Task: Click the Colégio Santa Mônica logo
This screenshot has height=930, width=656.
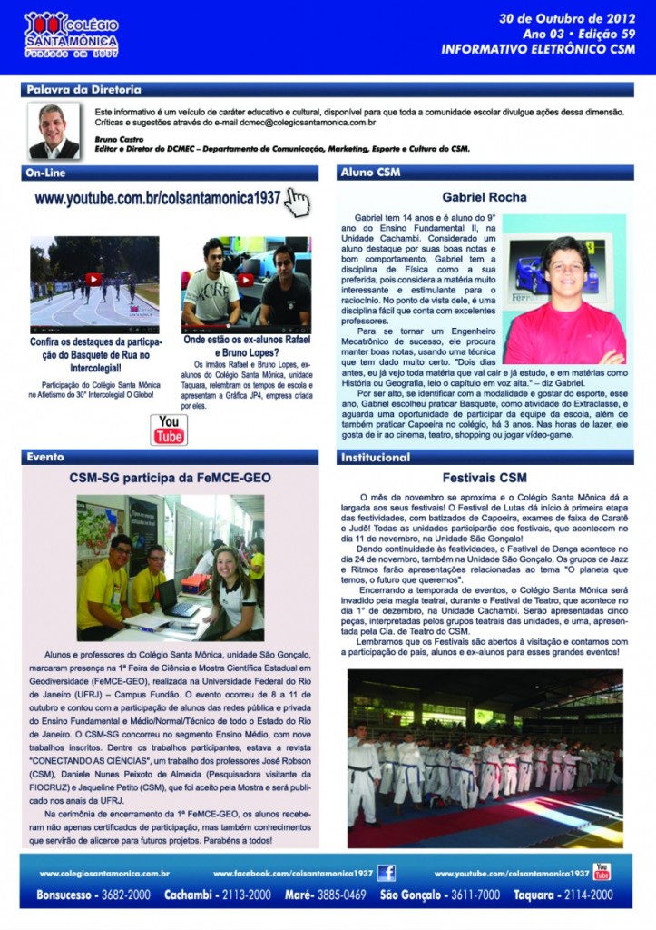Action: (72, 34)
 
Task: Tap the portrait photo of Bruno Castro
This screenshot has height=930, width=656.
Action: (54, 131)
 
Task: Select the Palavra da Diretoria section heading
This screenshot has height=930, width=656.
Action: (83, 90)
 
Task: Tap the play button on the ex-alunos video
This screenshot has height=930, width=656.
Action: (246, 280)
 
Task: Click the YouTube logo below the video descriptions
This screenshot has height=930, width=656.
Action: (170, 429)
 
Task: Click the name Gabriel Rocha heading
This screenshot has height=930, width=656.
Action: (484, 196)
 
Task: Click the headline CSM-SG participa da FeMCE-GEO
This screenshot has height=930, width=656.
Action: (171, 477)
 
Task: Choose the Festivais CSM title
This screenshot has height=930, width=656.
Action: (485, 477)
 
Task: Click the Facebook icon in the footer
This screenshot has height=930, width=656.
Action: (387, 873)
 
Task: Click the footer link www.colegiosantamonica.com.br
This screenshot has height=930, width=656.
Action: (105, 874)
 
